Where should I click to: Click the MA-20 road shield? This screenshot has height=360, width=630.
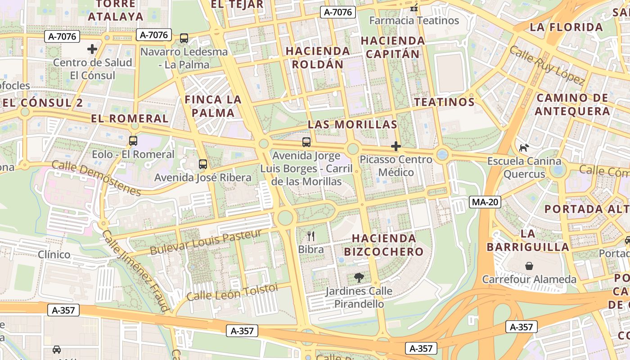(485, 202)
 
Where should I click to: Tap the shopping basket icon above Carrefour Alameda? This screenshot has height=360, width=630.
(529, 266)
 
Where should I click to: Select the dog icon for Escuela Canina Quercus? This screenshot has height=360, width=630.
(524, 148)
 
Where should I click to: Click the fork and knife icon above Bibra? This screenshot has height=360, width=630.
(310, 236)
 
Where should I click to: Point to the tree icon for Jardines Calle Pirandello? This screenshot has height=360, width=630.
(359, 278)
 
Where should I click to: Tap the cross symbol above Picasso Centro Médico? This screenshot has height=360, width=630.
(396, 146)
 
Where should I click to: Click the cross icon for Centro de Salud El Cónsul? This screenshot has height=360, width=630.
(92, 49)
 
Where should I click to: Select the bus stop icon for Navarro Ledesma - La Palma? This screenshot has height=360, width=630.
(184, 38)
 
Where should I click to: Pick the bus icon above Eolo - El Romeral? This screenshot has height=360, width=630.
(133, 141)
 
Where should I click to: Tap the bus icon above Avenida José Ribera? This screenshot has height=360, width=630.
(203, 164)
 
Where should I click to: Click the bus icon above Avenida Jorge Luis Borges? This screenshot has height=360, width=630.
(306, 142)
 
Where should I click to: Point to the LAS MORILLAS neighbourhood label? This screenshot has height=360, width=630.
(352, 125)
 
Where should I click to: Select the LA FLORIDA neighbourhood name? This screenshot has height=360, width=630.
(566, 27)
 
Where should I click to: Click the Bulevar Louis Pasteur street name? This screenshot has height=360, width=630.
(206, 242)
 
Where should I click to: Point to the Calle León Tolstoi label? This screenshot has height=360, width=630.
(232, 292)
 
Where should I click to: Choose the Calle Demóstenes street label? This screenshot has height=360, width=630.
(96, 178)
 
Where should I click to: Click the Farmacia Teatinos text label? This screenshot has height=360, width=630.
(414, 21)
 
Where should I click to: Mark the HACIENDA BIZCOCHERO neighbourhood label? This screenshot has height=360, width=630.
(387, 245)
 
